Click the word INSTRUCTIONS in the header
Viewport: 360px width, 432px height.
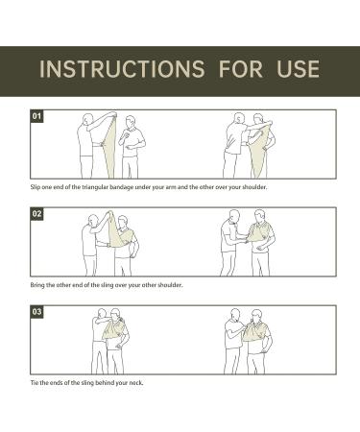122,69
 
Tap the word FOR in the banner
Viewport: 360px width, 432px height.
241,69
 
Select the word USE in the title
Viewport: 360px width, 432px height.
299,69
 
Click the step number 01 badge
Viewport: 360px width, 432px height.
36,115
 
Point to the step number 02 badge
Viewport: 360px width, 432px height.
36,213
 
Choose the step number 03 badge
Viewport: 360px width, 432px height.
36,311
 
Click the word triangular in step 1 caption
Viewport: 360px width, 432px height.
95,187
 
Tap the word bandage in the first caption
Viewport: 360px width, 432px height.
122,187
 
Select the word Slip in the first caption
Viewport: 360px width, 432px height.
36,187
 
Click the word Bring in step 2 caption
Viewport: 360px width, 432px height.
37,285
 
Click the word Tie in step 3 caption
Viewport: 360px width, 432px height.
35,382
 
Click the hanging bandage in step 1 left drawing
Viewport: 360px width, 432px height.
108,147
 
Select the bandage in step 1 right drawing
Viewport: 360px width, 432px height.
259,151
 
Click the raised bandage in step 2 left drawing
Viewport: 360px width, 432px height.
114,232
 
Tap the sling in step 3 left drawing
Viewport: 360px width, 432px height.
112,329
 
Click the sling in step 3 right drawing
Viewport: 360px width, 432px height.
254,333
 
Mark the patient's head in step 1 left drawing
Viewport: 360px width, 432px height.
131,122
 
